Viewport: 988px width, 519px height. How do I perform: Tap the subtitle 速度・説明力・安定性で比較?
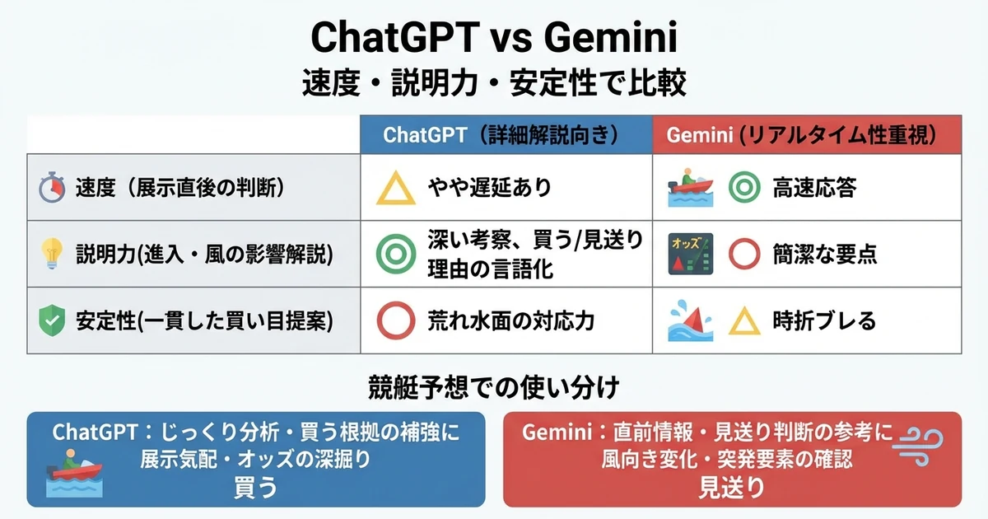click(493, 85)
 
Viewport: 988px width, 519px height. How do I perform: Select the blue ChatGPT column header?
click(506, 134)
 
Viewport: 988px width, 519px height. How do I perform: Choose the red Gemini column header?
click(806, 134)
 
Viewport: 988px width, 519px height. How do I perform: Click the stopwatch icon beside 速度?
click(51, 188)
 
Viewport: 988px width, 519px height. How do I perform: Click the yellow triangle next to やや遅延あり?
click(396, 189)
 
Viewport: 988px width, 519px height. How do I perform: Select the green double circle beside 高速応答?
click(744, 188)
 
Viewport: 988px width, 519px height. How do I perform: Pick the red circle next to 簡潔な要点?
click(744, 255)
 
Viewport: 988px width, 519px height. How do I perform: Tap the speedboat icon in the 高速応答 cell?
click(688, 188)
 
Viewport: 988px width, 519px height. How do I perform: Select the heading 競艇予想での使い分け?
click(493, 386)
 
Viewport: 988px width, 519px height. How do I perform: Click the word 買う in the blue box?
click(254, 488)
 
